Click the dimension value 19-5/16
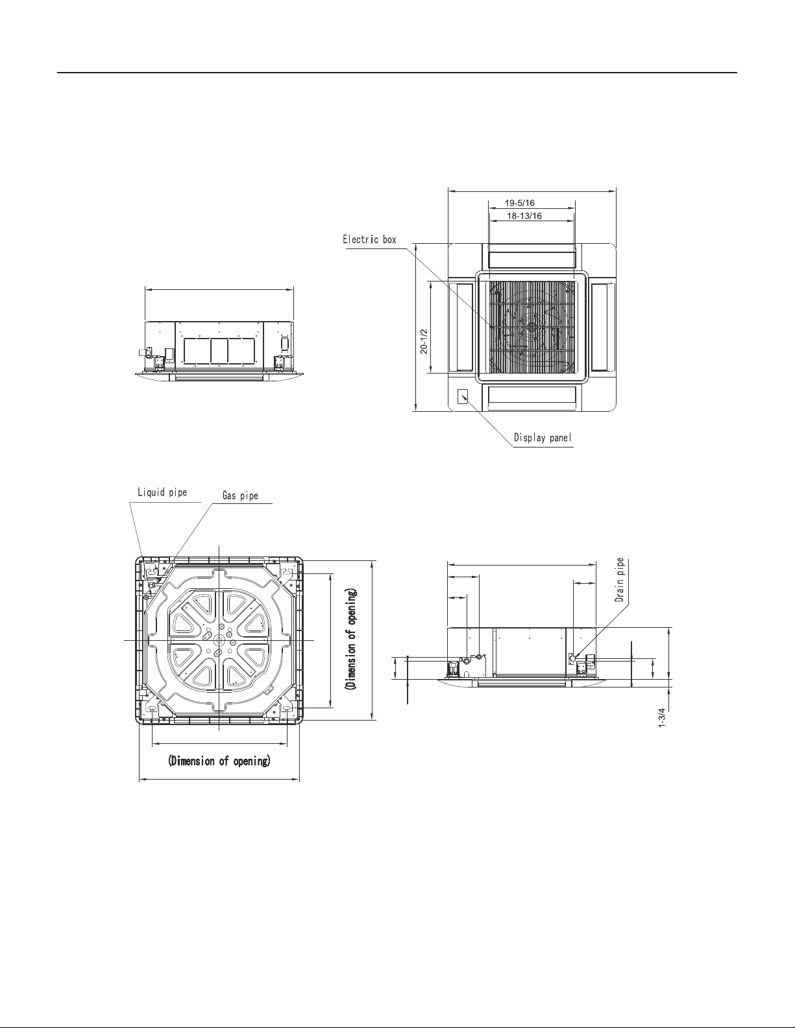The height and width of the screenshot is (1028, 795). tap(520, 203)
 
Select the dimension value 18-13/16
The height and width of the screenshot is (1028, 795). tap(524, 216)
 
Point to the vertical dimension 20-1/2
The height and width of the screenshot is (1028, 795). tap(424, 342)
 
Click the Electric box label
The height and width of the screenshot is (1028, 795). tap(369, 239)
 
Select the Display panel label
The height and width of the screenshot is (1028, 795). tap(543, 438)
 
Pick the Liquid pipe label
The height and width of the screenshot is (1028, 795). tap(162, 492)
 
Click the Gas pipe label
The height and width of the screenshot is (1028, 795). tap(240, 496)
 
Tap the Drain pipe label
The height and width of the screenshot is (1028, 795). tap(619, 580)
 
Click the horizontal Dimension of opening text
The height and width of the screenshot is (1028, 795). tap(219, 761)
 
